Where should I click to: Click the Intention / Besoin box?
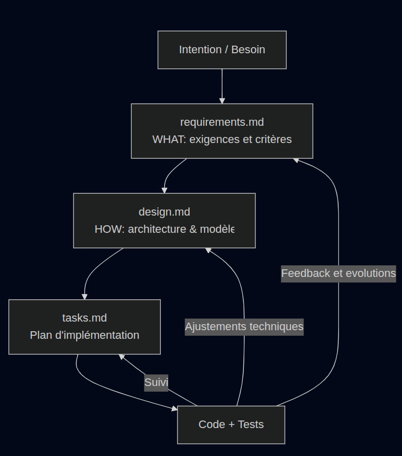(x=222, y=50)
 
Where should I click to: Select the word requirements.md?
(x=222, y=122)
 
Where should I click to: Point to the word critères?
(x=273, y=139)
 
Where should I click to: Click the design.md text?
(x=164, y=212)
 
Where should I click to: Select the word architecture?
(x=157, y=229)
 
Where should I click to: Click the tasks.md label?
(x=85, y=318)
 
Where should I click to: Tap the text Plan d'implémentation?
(x=85, y=335)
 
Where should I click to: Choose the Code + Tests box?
(x=231, y=425)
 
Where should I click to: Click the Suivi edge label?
(x=156, y=382)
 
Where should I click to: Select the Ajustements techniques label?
(x=244, y=327)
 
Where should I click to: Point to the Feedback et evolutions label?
(x=339, y=273)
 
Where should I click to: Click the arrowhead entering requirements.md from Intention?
(x=222, y=100)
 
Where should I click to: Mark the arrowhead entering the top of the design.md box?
(x=164, y=190)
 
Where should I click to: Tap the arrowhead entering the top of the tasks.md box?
(x=85, y=297)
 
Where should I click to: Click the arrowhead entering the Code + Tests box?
(x=174, y=408)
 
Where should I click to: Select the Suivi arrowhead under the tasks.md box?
(x=122, y=357)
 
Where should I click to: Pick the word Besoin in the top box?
(x=248, y=50)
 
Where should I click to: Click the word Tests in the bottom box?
(x=250, y=425)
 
